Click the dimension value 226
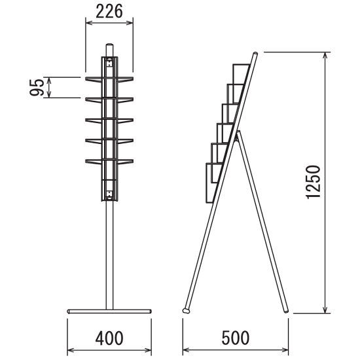click(x=109, y=12)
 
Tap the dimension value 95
click(x=37, y=88)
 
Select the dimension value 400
click(x=109, y=338)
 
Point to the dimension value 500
click(x=236, y=338)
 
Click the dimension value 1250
click(x=313, y=182)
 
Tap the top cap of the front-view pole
click(x=109, y=45)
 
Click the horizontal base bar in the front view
click(x=109, y=312)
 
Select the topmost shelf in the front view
click(x=109, y=79)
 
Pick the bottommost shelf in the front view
click(x=109, y=161)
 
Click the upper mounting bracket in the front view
click(x=109, y=62)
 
